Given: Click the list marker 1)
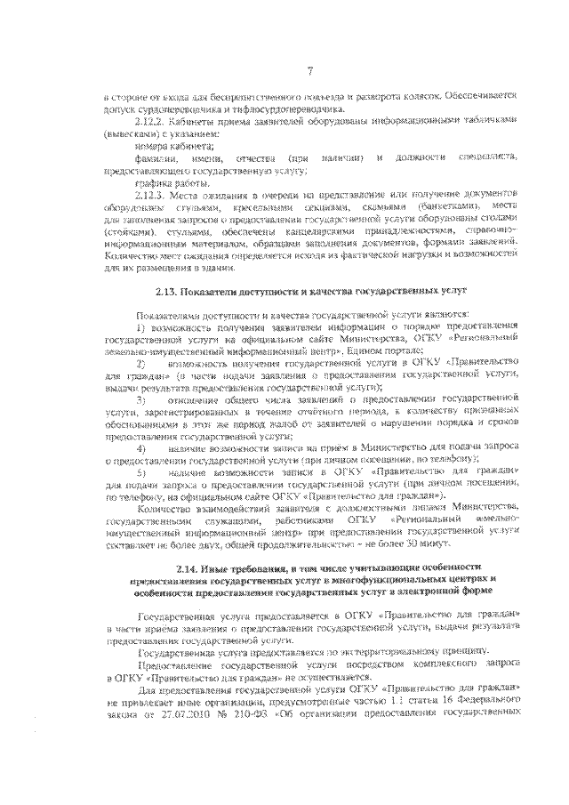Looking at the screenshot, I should pyautogui.click(x=140, y=328).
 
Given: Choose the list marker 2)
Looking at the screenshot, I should pyautogui.click(x=140, y=365).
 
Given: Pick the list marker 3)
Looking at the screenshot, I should pyautogui.click(x=140, y=401).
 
